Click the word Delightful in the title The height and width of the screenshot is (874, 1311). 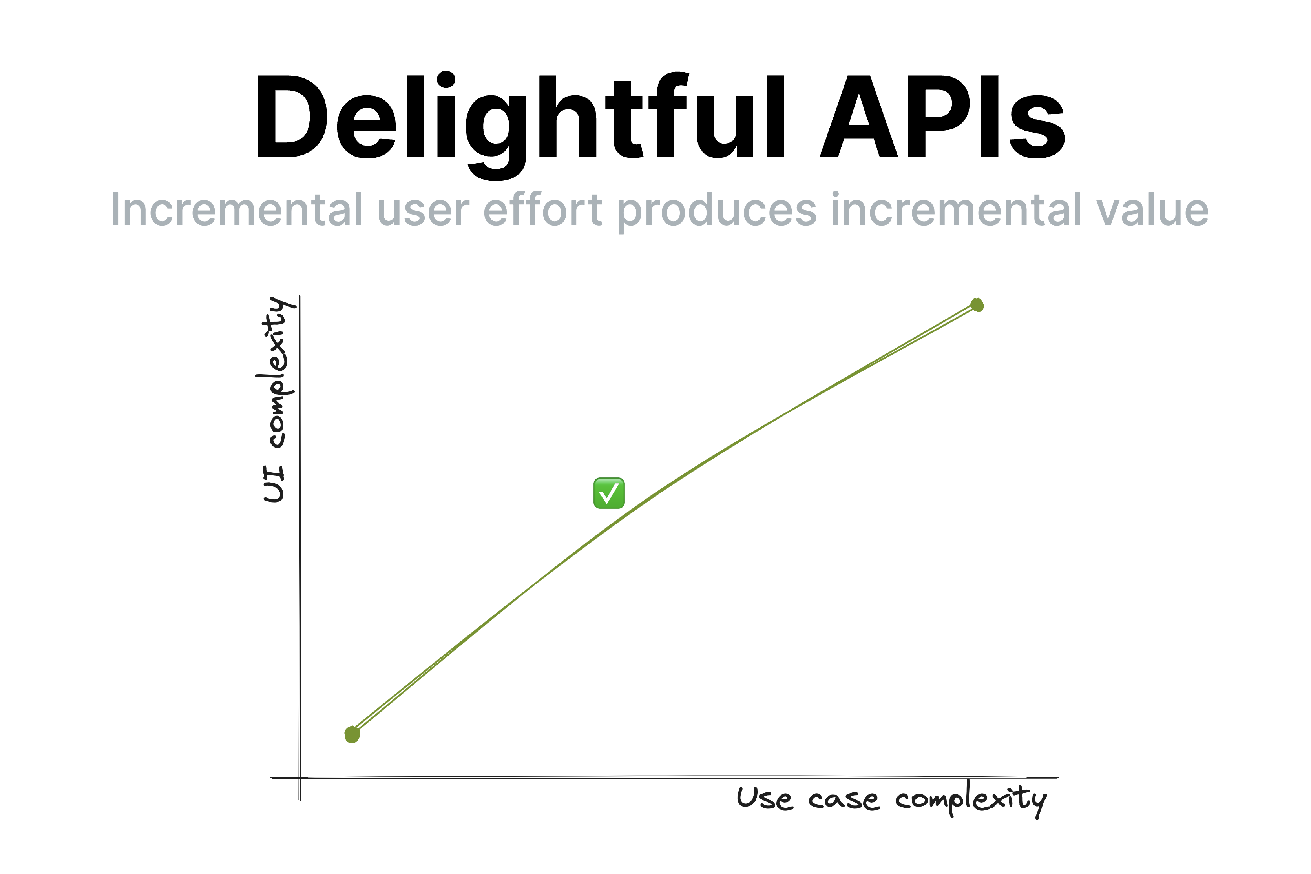520,126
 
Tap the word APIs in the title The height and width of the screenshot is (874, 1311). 942,117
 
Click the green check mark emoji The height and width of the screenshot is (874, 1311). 609,493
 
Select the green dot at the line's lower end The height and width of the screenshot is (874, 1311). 352,735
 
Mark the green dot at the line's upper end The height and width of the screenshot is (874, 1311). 977,305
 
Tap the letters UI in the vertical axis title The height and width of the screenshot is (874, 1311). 274,484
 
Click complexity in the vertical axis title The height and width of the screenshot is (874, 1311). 276,372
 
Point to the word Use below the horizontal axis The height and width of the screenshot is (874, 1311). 765,798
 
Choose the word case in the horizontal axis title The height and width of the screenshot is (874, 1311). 844,800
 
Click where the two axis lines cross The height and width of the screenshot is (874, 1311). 300,777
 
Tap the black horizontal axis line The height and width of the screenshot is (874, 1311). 665,777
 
